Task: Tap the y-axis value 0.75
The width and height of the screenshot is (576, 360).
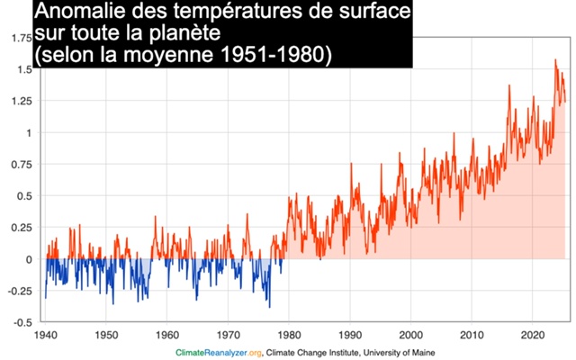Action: pyautogui.click(x=17, y=164)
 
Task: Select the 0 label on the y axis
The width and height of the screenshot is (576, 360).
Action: pyautogui.click(x=28, y=259)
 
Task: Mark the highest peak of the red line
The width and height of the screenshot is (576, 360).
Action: pyautogui.click(x=555, y=60)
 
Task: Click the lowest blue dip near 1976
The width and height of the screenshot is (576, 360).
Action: pyautogui.click(x=269, y=307)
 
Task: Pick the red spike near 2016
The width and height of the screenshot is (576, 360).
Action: pyautogui.click(x=509, y=85)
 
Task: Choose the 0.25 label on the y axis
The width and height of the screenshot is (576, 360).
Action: pyautogui.click(x=17, y=227)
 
